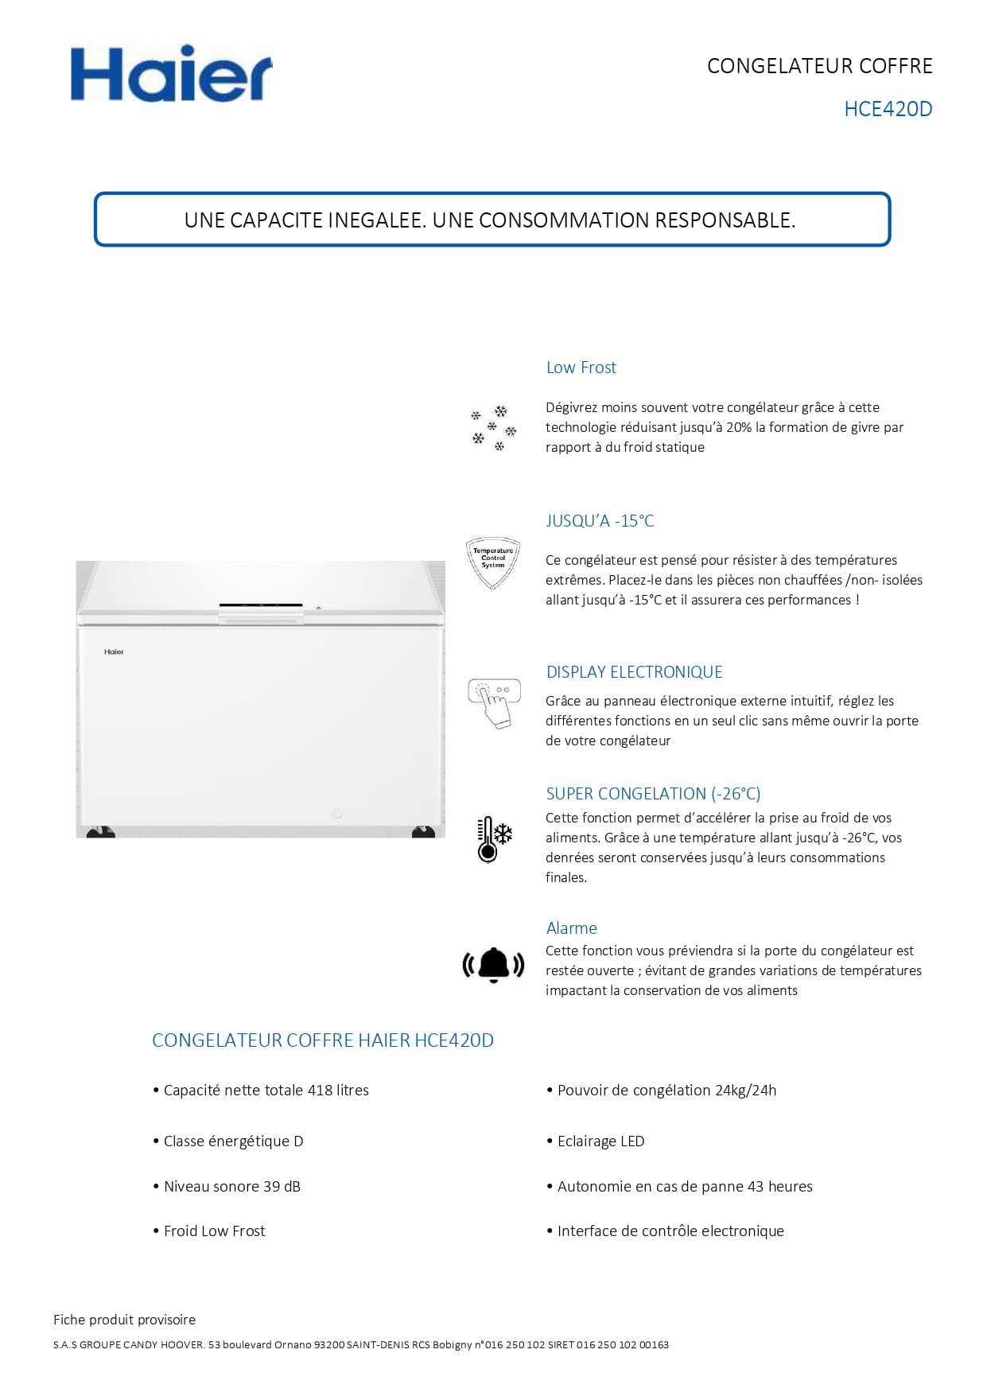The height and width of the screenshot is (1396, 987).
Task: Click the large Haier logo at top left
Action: coord(171,74)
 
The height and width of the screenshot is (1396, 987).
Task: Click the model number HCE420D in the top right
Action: coord(888,109)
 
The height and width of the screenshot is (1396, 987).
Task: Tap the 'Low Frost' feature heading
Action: coord(581,367)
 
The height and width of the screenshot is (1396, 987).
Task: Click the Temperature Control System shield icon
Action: coord(492,562)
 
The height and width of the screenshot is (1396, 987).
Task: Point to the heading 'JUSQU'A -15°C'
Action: coord(600,521)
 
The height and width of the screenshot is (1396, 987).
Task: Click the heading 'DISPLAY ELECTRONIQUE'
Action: coord(634,672)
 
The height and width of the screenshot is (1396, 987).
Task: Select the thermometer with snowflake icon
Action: coord(493,838)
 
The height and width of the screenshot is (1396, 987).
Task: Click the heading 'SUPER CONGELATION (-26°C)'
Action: coord(653,794)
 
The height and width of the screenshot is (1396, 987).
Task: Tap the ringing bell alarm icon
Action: coord(493,965)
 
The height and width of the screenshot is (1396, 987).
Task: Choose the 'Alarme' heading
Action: coord(571,928)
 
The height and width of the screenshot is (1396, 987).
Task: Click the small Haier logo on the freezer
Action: coord(114,652)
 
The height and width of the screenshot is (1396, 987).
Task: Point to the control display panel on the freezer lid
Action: coord(261,606)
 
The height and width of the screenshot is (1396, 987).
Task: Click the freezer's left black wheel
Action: coord(100,832)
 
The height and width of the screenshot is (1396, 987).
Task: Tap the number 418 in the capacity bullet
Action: coord(320,1091)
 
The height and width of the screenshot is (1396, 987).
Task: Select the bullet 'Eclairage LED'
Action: coord(600,1141)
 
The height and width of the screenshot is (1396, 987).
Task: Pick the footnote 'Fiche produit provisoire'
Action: coord(124,1320)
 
